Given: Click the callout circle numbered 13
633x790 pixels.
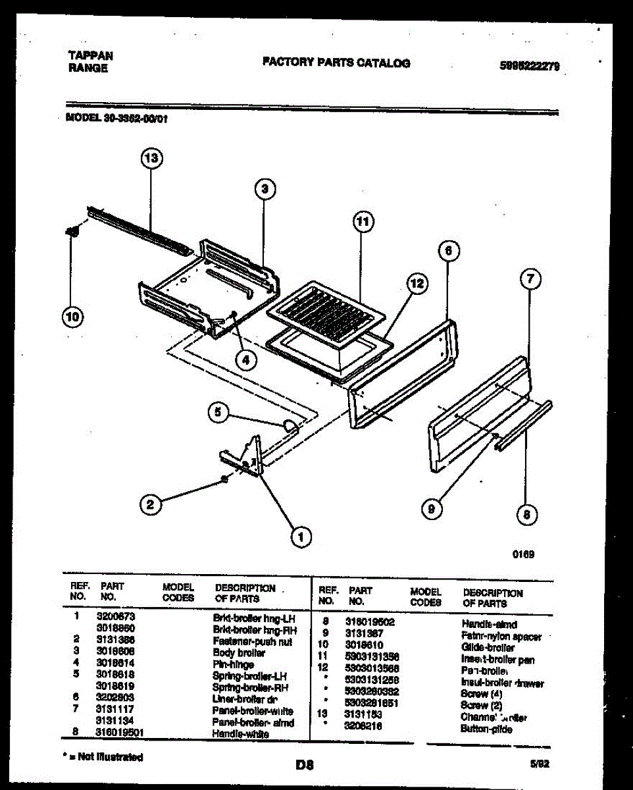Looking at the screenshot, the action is [x=151, y=159].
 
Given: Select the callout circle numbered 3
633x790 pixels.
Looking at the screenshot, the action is [x=265, y=190].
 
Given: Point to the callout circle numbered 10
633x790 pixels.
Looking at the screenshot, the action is [x=72, y=317].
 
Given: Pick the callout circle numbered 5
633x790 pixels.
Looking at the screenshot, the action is [x=219, y=413].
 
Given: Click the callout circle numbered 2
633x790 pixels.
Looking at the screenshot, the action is [x=151, y=504].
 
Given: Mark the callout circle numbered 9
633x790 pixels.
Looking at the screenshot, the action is [x=432, y=508].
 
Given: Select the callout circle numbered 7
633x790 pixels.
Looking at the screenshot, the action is [x=530, y=280].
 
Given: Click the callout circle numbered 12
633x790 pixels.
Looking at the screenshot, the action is [x=416, y=284].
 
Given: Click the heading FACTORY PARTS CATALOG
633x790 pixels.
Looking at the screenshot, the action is [x=336, y=63].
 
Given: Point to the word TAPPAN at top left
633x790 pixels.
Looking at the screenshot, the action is [x=90, y=57].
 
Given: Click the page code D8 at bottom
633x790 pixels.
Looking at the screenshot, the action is [x=304, y=765].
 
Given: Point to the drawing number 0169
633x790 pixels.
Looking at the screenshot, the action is [x=523, y=554].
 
